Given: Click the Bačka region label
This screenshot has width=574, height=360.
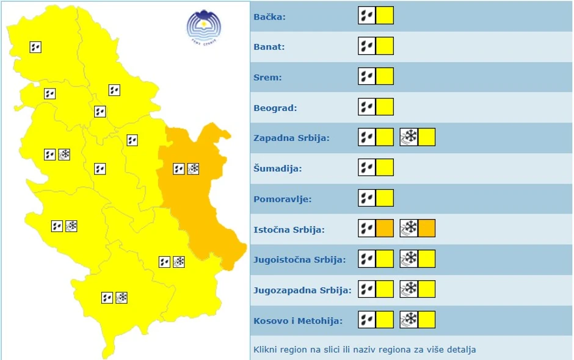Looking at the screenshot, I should pos(269,16).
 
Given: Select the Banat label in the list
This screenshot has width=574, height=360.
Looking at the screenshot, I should pos(269,47).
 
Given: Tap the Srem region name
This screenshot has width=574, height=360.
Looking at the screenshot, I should pos(267,77).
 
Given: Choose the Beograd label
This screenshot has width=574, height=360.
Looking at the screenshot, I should pos(275,108).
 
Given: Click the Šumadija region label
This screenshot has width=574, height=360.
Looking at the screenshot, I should pos(278,168).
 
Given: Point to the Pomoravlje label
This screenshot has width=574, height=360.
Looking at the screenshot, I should pos(282,199).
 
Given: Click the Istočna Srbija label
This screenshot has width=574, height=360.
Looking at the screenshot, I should pos(289,230).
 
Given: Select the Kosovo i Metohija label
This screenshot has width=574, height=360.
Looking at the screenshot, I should pos(297,320).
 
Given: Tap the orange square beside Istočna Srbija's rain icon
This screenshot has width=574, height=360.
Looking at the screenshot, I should pos(385,229).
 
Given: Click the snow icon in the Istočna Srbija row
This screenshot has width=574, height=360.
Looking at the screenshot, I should pos(409,229).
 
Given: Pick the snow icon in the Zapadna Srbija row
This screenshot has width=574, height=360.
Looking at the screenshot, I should pos(409,137).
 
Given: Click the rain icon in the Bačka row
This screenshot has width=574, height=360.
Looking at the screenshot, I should pos(366,15).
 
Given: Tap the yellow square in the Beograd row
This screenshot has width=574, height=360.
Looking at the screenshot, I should pos(385,107).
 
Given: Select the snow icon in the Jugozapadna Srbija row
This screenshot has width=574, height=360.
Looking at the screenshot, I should pos(409,289).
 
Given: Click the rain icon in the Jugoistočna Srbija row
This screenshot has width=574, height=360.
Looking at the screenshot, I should pos(366,259).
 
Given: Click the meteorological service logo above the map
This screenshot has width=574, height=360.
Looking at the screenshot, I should pos(204,26).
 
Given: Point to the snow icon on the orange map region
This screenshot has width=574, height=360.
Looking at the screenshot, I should pos(194,168).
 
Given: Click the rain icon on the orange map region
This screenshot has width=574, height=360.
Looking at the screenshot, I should pos(179,168).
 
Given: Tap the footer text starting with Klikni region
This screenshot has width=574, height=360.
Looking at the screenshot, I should pos(365,350).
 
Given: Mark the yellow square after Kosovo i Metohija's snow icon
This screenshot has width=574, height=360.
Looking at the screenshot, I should pos(427,320).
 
